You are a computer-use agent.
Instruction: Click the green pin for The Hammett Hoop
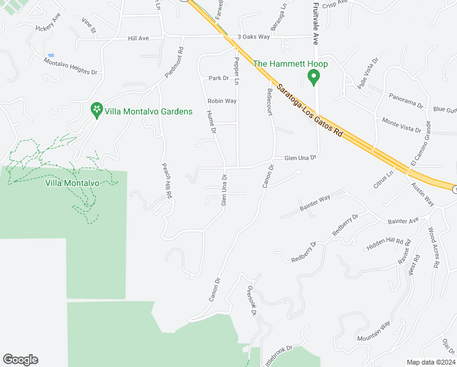[x=314, y=78]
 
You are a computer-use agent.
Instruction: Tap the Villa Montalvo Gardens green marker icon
[x=96, y=110]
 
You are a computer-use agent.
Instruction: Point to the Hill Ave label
[x=138, y=38]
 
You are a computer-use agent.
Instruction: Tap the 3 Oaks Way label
[x=254, y=37]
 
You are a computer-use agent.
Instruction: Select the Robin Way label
[x=222, y=101]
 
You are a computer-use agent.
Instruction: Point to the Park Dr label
[x=218, y=78]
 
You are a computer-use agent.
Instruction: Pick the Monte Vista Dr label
[x=401, y=125]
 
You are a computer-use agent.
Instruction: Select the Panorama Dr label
[x=406, y=101]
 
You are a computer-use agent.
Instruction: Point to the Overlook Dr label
[x=250, y=300]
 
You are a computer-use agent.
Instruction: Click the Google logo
[x=20, y=360]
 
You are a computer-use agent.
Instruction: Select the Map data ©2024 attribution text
[x=431, y=362]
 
